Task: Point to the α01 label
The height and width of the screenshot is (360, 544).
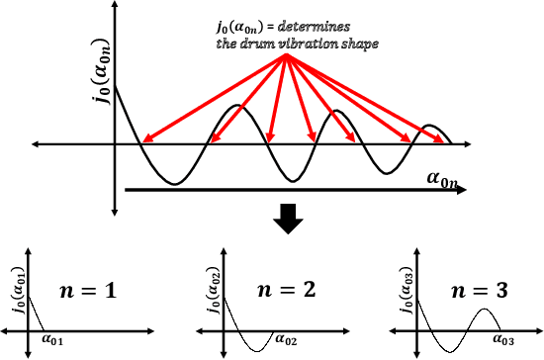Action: [x=52, y=340]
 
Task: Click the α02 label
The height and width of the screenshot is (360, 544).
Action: [x=286, y=340]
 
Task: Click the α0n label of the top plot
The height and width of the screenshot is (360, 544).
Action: [x=444, y=178]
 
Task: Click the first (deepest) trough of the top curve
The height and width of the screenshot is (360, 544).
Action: [x=172, y=184]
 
